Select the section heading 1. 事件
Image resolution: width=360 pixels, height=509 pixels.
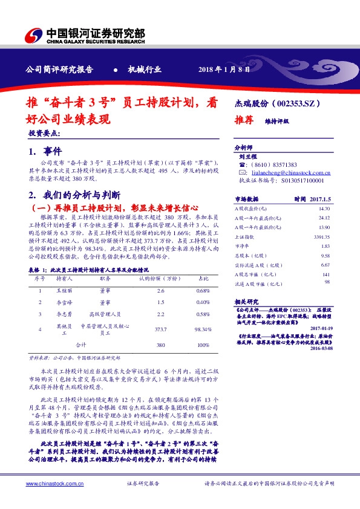point(44,151)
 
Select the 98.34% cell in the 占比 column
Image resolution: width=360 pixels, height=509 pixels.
point(203,329)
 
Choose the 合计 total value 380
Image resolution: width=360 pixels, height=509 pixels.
point(161,345)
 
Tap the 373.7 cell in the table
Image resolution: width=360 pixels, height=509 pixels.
point(161,329)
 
